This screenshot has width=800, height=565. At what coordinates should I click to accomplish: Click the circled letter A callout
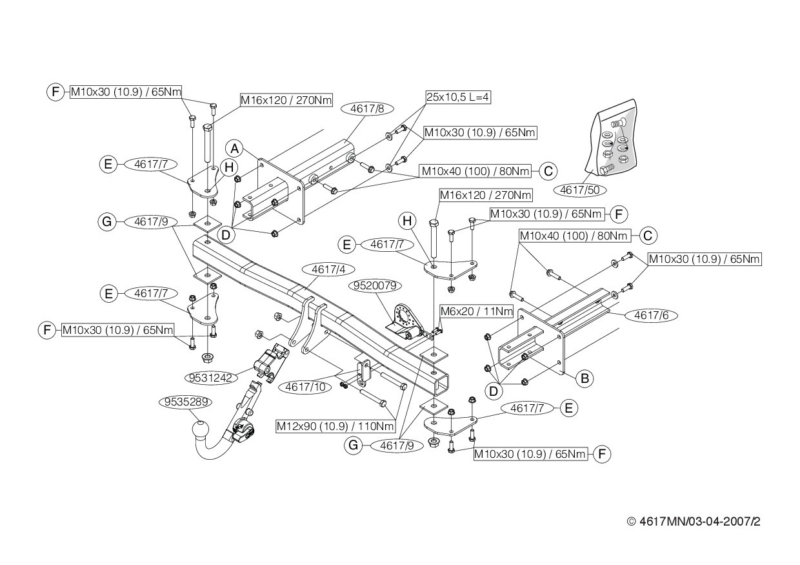pyautogui.click(x=234, y=149)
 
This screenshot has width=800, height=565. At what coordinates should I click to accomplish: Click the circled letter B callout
pyautogui.click(x=585, y=378)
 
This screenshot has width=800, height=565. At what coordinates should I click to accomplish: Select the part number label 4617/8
pyautogui.click(x=367, y=109)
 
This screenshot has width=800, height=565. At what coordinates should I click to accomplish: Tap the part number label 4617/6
pyautogui.click(x=651, y=315)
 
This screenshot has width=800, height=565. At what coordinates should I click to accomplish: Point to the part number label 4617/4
pyautogui.click(x=328, y=269)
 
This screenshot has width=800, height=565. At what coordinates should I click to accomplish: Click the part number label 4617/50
pyautogui.click(x=579, y=190)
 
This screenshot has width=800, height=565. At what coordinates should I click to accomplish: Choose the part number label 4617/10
pyautogui.click(x=305, y=387)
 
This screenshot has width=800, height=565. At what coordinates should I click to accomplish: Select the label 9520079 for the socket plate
pyautogui.click(x=375, y=285)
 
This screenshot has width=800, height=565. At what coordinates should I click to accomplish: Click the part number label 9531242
pyautogui.click(x=211, y=378)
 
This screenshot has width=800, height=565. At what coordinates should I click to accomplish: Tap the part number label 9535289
pyautogui.click(x=186, y=402)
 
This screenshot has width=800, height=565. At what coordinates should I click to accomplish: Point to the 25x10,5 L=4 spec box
pyautogui.click(x=458, y=97)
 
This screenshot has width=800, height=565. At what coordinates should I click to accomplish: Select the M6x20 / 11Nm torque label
pyautogui.click(x=476, y=311)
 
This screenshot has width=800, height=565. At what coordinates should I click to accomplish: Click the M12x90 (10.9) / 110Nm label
pyautogui.click(x=335, y=426)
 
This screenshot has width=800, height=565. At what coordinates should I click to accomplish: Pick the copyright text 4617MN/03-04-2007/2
pyautogui.click(x=694, y=521)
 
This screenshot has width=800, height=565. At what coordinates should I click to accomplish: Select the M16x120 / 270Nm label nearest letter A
pyautogui.click(x=286, y=101)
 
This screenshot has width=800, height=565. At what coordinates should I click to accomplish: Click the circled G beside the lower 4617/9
pyautogui.click(x=353, y=446)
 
